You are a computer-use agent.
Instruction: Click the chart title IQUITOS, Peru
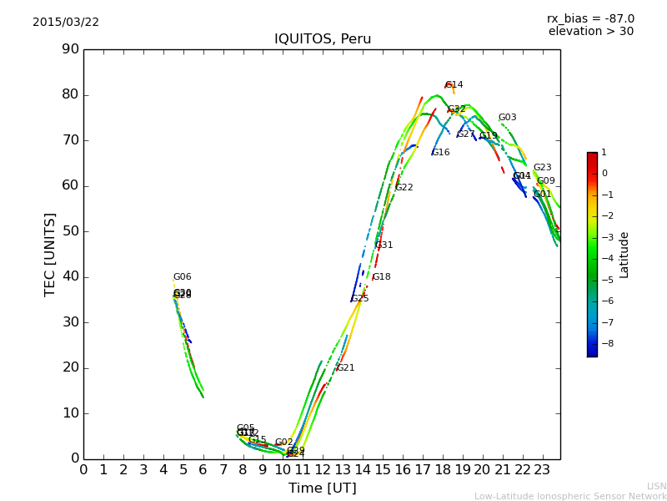[323, 39]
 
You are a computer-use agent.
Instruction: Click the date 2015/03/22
[66, 23]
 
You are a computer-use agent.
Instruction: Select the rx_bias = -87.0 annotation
[590, 18]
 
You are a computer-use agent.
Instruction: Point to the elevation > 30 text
[590, 32]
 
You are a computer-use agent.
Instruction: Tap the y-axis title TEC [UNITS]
[50, 254]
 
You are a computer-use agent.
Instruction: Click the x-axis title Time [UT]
[322, 488]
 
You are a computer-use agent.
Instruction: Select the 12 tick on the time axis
[323, 469]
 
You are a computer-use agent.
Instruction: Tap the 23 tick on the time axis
[542, 469]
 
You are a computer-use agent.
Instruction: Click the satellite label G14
[454, 85]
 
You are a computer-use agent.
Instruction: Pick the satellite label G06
[182, 277]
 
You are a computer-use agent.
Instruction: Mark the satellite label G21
[345, 368]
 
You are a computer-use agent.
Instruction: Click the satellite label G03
[507, 118]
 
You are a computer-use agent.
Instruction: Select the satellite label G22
[404, 188]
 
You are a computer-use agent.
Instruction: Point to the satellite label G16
[440, 153]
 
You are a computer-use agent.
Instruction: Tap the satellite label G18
[381, 277]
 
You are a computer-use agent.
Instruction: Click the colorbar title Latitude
[624, 255]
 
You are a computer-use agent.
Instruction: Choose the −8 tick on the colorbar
[605, 342]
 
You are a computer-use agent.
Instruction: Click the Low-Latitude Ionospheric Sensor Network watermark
[570, 496]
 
